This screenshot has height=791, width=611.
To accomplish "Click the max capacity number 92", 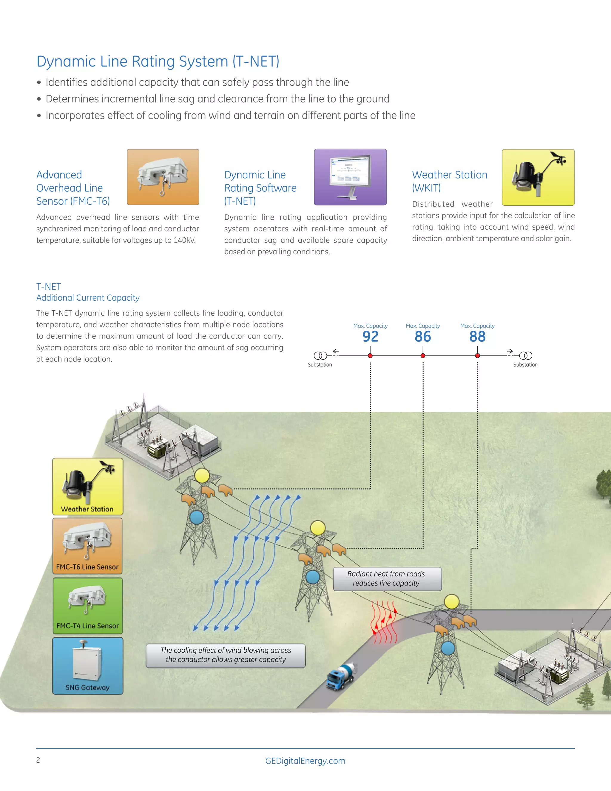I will (370, 336).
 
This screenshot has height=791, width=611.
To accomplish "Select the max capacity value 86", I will (422, 336).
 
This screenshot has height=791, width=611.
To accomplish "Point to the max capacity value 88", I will (477, 336).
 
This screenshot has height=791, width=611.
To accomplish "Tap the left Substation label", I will (320, 365).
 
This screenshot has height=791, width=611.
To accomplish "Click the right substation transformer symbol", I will (526, 356).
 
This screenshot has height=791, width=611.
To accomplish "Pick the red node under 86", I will (423, 356).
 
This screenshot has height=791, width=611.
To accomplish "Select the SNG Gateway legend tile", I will (88, 666).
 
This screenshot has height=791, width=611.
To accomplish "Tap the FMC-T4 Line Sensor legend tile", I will (88, 606).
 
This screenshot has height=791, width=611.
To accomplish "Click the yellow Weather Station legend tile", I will (88, 487).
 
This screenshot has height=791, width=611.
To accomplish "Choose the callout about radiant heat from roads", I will (387, 579).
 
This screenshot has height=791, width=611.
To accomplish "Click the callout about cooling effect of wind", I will (226, 655).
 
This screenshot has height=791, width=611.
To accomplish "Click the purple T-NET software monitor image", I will (350, 177).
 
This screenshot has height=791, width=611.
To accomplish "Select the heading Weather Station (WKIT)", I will (449, 181).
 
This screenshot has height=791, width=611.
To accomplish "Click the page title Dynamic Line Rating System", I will (158, 61).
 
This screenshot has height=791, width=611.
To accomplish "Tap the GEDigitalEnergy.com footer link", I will (305, 761).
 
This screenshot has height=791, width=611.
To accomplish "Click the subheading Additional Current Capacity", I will (88, 298).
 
